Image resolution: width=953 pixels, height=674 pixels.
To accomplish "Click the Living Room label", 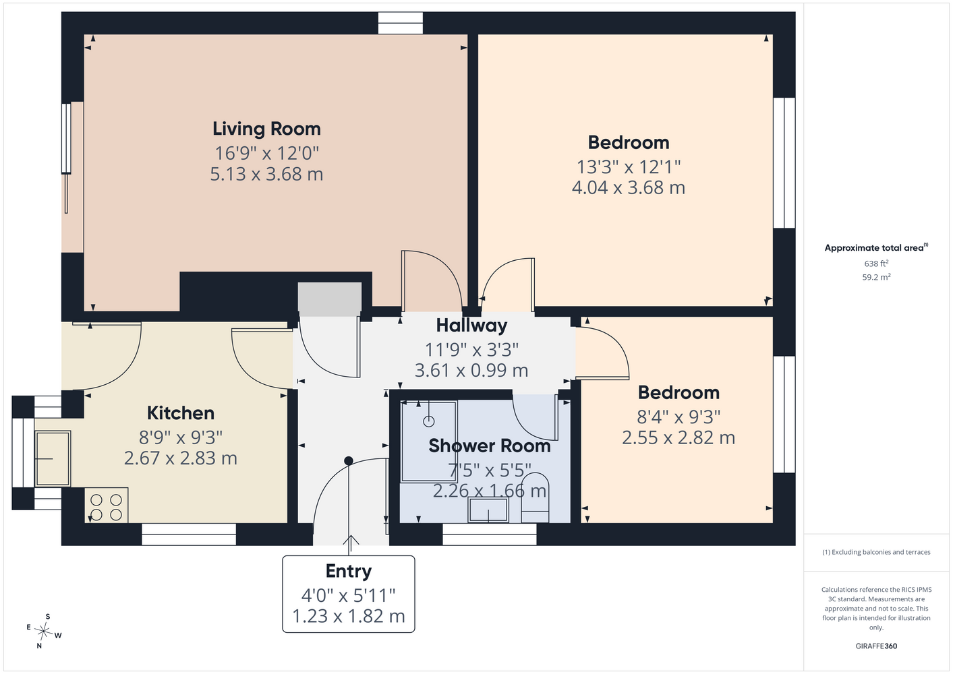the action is pos(267,129).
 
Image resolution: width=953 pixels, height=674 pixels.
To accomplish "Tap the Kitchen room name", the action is pos(180,413).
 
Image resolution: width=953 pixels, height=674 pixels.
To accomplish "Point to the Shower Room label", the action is pos(489,446).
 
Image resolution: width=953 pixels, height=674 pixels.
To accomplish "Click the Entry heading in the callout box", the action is pos(349,572).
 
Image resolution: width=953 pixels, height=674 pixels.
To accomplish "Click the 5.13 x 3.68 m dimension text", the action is pos(267,175).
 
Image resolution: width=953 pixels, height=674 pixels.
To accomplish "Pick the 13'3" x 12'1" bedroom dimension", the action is pos(629,167).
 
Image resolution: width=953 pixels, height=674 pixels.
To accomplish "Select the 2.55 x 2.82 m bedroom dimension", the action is pos(678,437).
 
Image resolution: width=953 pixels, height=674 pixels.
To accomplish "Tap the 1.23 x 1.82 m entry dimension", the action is pos(349,616).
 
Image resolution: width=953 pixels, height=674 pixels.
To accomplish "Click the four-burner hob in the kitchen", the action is pos(107,506).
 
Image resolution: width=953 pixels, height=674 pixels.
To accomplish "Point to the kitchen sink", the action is pos(53,458).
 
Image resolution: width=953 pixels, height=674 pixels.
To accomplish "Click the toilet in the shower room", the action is pos(536,498).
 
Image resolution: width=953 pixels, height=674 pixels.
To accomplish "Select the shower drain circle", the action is pos(429,421).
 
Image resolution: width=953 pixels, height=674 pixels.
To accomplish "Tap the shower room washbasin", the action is pos(488,510).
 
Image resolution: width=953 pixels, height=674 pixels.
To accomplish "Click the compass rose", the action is pos(43,631).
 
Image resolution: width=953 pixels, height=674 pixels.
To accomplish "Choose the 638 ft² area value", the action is pos(876,264).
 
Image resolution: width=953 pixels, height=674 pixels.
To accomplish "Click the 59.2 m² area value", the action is pos(876,277).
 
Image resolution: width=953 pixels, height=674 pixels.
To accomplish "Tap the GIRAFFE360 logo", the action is pos(876,646).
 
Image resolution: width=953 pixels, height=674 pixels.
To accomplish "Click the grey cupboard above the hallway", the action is pos(330,299).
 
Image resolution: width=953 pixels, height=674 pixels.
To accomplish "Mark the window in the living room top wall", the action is pos(401,23).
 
